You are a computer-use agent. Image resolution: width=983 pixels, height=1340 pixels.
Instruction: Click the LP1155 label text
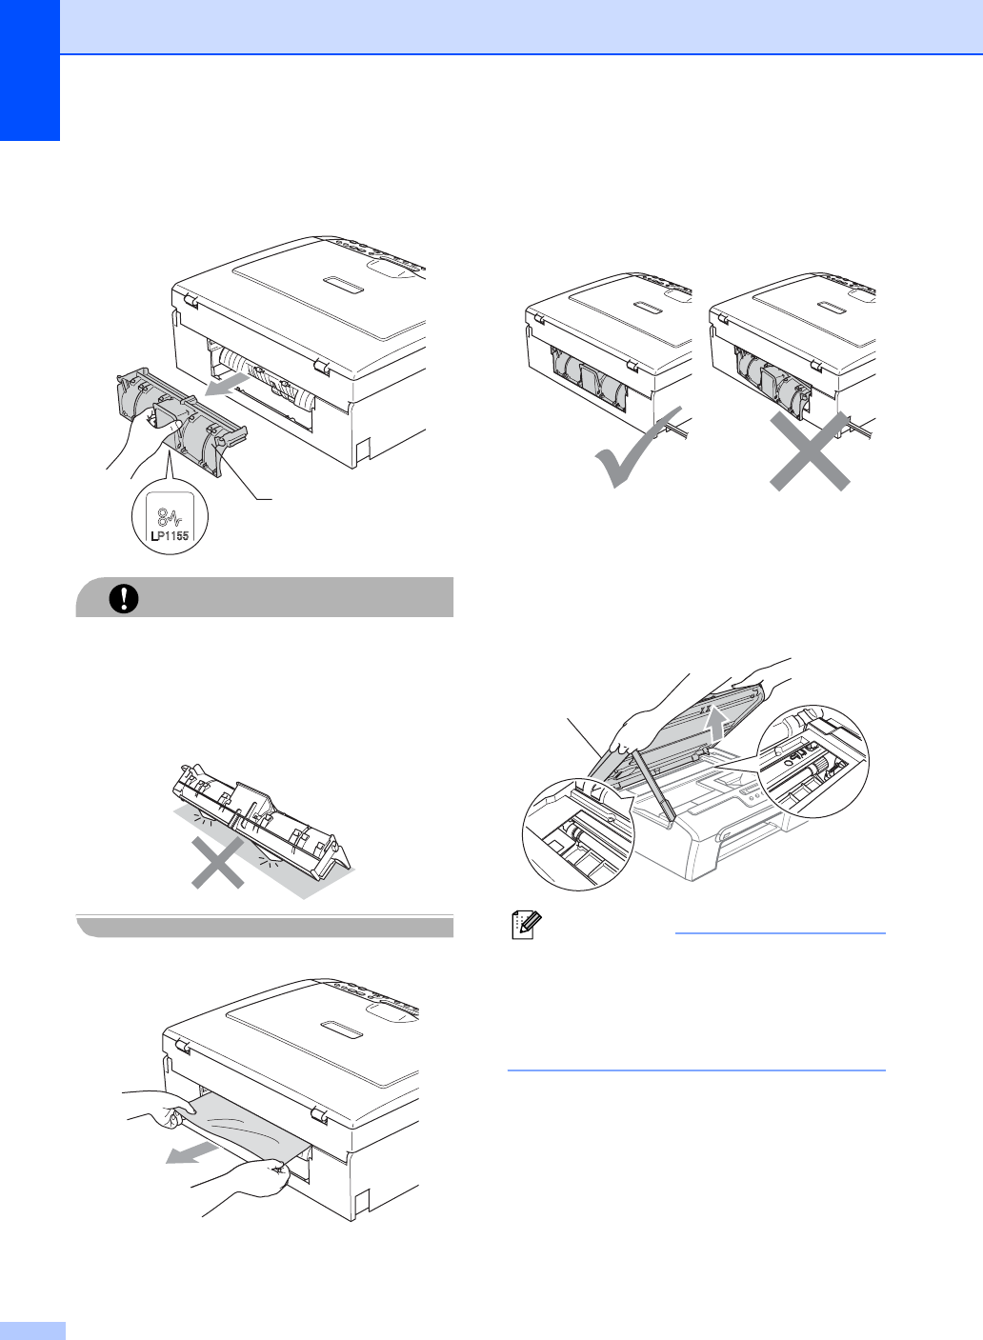point(171,536)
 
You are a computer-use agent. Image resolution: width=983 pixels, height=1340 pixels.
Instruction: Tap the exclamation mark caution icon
point(124,598)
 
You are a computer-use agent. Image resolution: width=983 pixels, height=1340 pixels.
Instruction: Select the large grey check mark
point(638,447)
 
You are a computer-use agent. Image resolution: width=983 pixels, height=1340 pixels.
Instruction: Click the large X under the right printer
point(810,451)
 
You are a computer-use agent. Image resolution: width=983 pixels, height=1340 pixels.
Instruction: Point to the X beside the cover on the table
point(218,862)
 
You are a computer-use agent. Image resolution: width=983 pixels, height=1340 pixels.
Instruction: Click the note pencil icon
point(527,925)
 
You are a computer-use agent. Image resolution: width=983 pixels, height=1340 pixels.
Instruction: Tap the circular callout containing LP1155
point(170,517)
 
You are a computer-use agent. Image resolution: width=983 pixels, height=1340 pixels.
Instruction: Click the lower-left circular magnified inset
point(578,833)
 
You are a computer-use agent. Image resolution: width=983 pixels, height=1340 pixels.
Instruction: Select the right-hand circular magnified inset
point(812,762)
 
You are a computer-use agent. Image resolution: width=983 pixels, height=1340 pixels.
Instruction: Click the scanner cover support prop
point(653,788)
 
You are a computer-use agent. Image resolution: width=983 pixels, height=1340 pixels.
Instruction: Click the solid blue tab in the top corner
point(30,70)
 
